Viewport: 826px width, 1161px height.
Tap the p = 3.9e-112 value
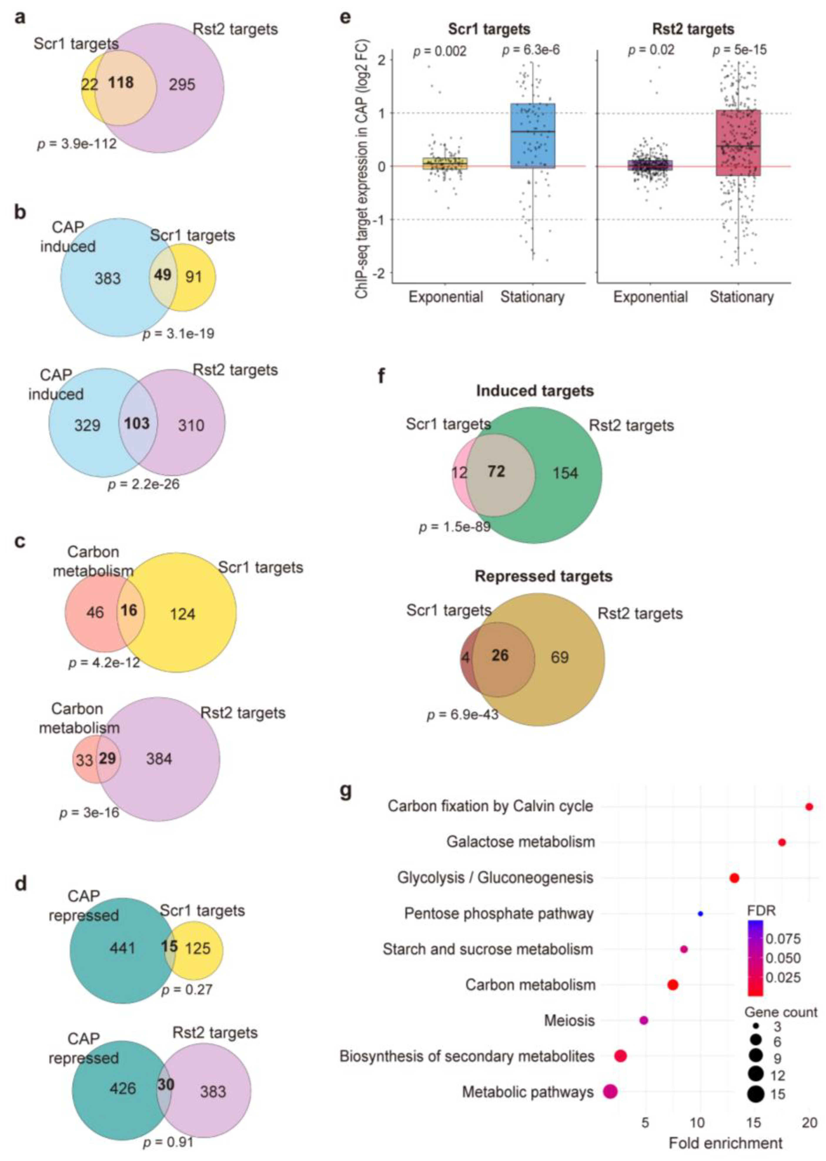(x=77, y=144)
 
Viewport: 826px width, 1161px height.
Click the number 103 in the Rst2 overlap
(x=137, y=423)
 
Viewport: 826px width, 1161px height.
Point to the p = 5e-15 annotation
(x=739, y=50)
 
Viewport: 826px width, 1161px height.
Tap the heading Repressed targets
(x=543, y=576)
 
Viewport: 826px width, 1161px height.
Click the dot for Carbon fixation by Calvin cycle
(x=809, y=807)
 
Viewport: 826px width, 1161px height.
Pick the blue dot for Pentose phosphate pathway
(x=700, y=914)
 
